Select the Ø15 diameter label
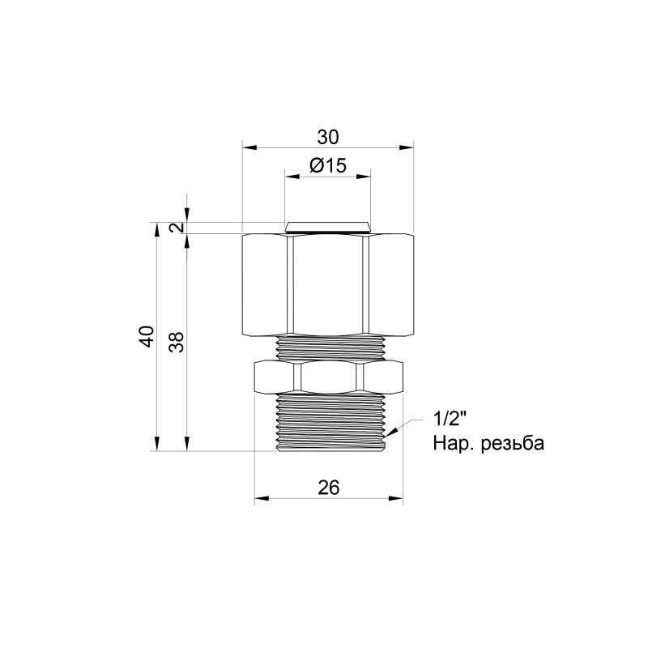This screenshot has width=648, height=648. tap(328, 165)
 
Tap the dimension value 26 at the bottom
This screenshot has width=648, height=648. tap(328, 487)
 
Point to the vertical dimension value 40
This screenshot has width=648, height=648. tap(146, 336)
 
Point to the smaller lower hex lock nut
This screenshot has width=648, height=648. tap(328, 376)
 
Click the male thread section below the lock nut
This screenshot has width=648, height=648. tap(328, 421)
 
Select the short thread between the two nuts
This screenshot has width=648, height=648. tap(328, 346)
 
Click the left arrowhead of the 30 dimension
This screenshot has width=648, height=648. tap(249, 147)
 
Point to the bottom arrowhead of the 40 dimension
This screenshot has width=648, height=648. tap(155, 445)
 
